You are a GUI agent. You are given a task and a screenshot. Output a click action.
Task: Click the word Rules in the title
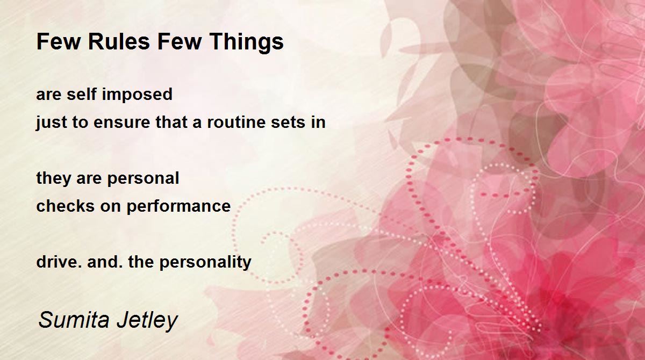pos(119,41)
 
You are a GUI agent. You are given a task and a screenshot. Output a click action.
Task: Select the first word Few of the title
pos(59,41)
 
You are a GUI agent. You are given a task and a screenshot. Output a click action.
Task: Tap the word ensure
pos(122,123)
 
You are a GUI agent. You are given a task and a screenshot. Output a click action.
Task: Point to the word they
pos(54,179)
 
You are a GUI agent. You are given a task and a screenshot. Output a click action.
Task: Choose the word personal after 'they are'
pos(143,179)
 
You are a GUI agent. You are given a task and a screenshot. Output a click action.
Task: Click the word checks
pos(65,206)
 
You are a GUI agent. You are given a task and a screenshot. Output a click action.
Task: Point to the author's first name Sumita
pos(74,320)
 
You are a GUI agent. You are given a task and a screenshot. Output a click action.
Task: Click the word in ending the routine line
pos(318,122)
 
